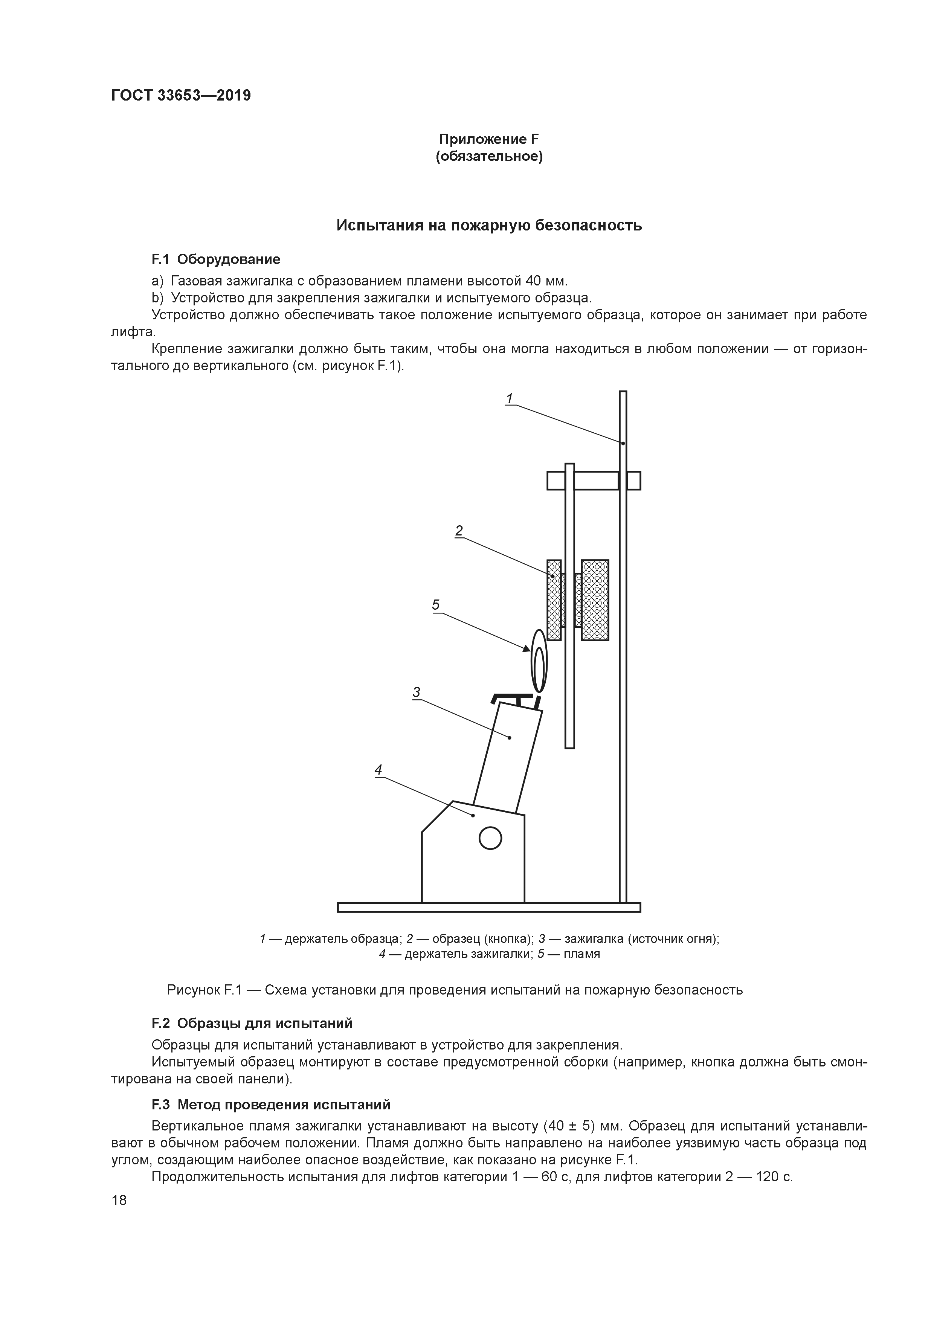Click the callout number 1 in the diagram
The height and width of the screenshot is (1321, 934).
pos(509,398)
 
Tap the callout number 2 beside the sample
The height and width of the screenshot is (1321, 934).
pos(459,531)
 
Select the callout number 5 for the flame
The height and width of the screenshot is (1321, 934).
pos(436,605)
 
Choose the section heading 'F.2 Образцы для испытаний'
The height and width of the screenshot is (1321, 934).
pos(252,1024)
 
